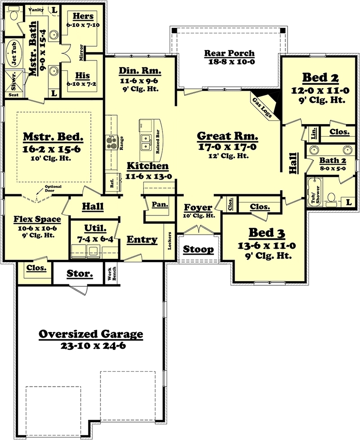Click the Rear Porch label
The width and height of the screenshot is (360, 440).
point(229,53)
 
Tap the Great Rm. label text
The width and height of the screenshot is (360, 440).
point(228,136)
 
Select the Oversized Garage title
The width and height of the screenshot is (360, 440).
point(90,334)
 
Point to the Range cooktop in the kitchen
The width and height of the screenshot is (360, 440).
point(111,142)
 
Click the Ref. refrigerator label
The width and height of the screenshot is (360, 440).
point(112,182)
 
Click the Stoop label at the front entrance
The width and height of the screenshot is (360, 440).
point(198,249)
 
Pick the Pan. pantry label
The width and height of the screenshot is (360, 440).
point(160,204)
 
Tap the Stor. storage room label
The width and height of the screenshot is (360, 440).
point(80,273)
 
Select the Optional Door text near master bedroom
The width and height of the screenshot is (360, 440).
point(53,188)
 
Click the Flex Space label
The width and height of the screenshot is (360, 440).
point(36,220)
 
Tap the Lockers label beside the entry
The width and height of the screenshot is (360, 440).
point(170,240)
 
